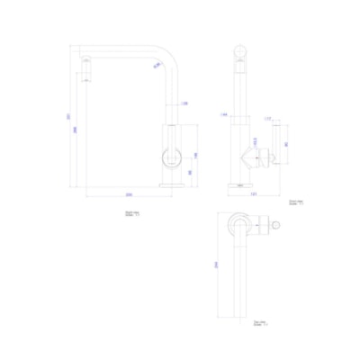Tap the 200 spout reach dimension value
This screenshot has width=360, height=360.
click(x=130, y=195)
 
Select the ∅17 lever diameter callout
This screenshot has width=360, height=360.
click(x=267, y=117)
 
